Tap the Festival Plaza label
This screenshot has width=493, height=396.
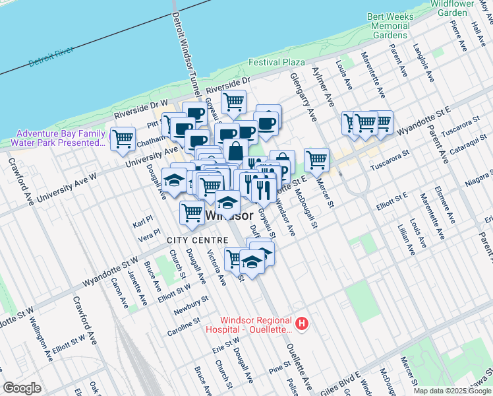click(x=277, y=63)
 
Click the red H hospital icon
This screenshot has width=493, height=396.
click(x=301, y=323)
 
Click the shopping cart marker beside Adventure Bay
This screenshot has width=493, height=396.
click(x=123, y=139)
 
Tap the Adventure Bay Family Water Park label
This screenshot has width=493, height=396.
click(x=61, y=137)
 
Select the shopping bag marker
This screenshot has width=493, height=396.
click(x=235, y=150)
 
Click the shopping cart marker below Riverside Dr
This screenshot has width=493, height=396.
click(x=233, y=102)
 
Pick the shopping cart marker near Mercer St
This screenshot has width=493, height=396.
click(x=317, y=159)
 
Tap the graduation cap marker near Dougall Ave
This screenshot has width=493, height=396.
click(x=174, y=180)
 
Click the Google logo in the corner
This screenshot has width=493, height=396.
click(x=22, y=388)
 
